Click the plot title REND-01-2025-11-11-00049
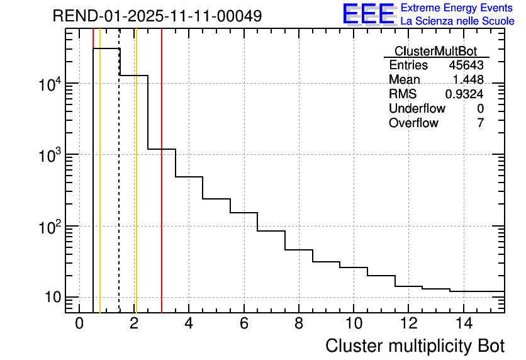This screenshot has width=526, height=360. (157, 16)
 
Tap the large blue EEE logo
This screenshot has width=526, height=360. (368, 14)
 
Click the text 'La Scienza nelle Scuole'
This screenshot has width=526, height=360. (457, 21)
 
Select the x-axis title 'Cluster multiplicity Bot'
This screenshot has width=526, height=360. (415, 346)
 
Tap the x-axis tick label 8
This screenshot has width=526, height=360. (299, 323)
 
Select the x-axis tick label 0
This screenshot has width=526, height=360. (79, 323)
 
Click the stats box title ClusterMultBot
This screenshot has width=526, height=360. (435, 51)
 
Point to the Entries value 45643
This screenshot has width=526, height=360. (466, 65)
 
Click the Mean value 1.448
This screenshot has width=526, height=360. (468, 80)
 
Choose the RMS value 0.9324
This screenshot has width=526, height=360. (464, 94)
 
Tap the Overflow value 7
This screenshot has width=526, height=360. (480, 123)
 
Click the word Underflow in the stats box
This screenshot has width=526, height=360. (417, 108)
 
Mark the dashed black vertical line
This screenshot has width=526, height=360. (119, 189)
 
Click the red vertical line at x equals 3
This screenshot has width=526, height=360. (162, 189)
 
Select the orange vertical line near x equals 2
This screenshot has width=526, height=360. (136, 189)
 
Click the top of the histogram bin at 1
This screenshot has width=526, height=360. (106, 48)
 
